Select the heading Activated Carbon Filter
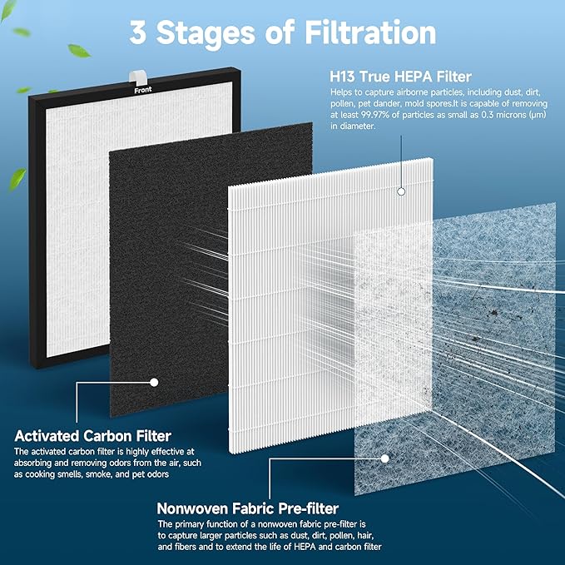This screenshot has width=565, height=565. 93,435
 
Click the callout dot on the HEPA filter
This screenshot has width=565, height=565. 401,191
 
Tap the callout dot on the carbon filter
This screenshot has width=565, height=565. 153,382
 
